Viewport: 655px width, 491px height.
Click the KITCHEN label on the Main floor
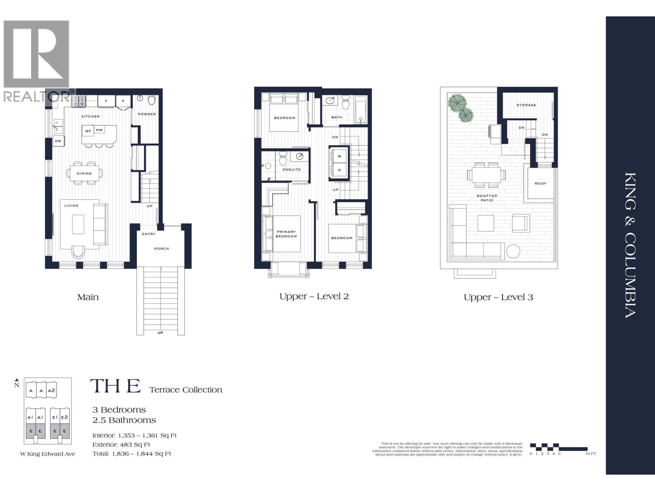coord(90,117)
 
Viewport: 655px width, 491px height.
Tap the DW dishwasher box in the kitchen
coord(58,141)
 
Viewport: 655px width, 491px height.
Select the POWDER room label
coord(147,114)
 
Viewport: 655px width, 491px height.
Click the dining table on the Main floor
coord(84,173)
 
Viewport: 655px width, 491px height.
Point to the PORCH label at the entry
coord(162,249)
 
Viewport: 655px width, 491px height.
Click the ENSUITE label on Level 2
coord(291,169)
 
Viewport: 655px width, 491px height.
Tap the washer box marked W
coord(339,156)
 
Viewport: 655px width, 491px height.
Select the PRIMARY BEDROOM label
coord(286,234)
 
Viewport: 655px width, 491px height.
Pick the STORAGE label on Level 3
coord(526,105)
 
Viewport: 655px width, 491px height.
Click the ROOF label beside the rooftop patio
coord(540,183)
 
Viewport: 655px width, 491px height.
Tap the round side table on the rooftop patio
coord(513,251)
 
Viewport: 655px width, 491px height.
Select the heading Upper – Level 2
coord(314,296)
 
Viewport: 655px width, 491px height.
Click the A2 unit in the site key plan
coord(52,391)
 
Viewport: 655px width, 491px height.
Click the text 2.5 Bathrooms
coord(124,420)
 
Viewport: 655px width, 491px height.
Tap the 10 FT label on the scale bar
coord(590,454)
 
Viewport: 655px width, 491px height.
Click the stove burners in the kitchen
coord(79,101)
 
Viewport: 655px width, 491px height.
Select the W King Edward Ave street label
coord(48,454)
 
